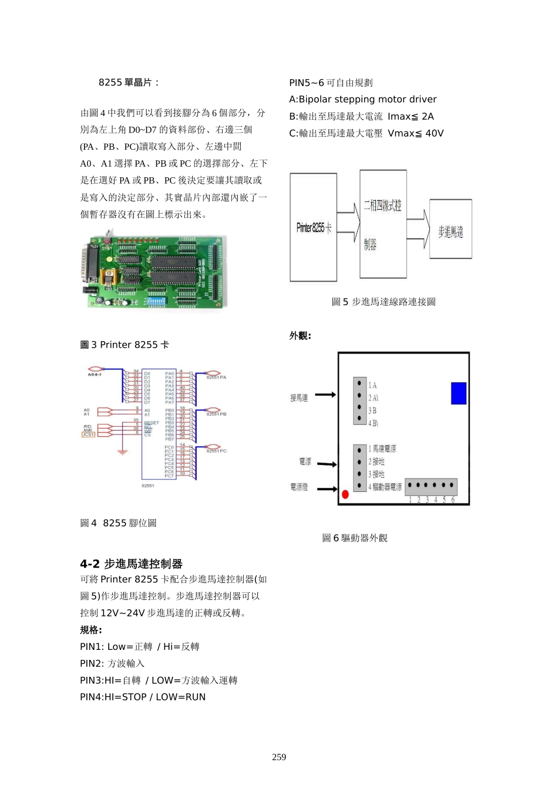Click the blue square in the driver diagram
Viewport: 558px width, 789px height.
click(x=458, y=393)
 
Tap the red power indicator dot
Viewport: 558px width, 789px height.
click(x=345, y=494)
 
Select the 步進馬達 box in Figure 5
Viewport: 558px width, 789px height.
click(x=451, y=229)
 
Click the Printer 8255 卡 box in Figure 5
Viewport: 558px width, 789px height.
click(x=313, y=227)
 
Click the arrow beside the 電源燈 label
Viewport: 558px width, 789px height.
click(x=327, y=488)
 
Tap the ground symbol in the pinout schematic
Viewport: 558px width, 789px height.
click(x=122, y=452)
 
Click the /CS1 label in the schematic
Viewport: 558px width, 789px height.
click(x=88, y=434)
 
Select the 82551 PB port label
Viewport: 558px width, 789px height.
click(x=216, y=414)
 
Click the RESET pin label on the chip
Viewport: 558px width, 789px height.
click(x=152, y=423)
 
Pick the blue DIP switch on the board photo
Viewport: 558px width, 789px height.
click(x=156, y=301)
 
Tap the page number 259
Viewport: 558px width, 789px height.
click(x=279, y=757)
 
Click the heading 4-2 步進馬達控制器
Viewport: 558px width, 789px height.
click(x=131, y=564)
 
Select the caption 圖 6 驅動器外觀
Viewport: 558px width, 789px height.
click(x=354, y=538)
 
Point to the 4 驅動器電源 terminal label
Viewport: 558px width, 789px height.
click(x=385, y=487)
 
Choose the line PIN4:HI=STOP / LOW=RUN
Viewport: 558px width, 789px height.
click(x=143, y=697)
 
